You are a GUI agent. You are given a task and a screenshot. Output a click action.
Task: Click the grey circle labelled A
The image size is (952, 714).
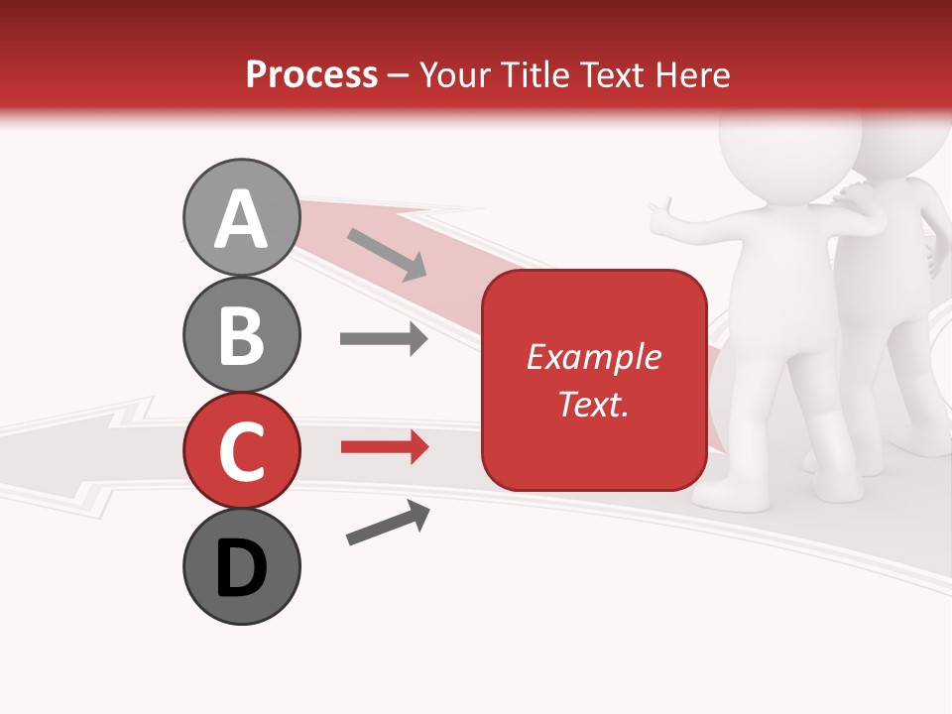coord(241,217)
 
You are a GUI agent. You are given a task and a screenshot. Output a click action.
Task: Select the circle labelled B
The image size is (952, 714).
coord(241,334)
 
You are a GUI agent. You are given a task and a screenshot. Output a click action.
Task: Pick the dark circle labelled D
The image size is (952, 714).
coord(241,566)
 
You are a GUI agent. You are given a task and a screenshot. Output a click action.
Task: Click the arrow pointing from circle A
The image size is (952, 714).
coord(387,253)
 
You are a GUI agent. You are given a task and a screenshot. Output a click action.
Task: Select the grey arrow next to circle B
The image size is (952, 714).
coord(384,339)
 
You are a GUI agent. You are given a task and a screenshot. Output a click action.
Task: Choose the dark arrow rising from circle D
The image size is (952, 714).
coord(388,524)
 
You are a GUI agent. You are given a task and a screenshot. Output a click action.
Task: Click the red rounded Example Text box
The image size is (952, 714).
coord(594,380)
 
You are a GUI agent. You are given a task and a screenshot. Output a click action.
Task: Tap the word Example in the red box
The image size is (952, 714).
coord(594,357)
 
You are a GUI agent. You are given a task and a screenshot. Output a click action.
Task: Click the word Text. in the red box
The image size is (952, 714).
coord(594,404)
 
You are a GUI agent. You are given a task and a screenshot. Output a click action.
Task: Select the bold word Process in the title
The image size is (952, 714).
coord(311,74)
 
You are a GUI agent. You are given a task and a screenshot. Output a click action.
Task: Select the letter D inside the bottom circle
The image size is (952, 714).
coord(241,569)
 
